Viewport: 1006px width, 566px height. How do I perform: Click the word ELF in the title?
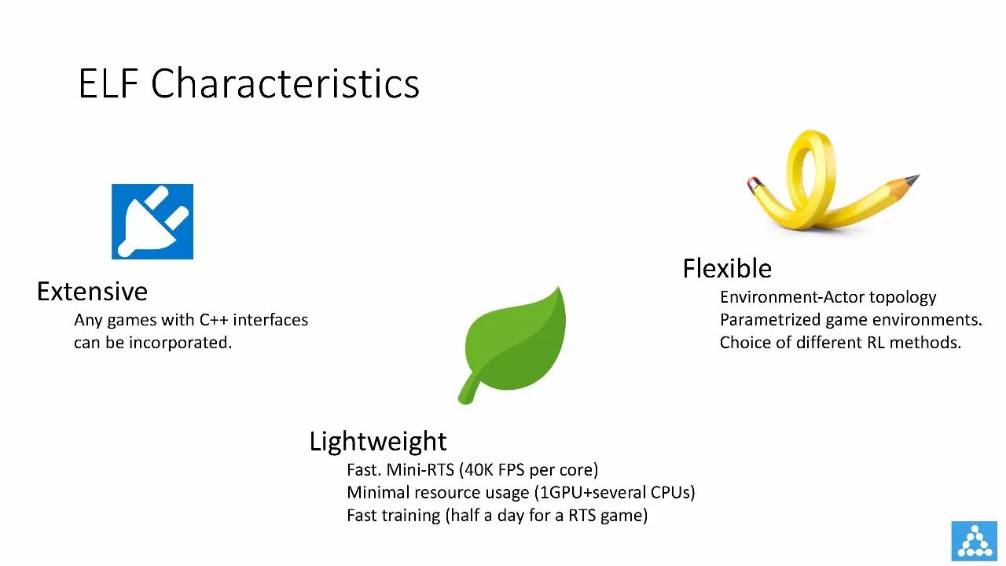[x=108, y=83]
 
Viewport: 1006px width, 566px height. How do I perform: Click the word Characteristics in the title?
[x=285, y=83]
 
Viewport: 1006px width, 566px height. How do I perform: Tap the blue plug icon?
[x=152, y=222]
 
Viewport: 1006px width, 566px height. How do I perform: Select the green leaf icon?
[x=512, y=345]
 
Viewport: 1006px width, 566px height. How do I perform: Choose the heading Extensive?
[x=92, y=292]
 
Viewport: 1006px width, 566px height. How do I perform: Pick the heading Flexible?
[x=727, y=269]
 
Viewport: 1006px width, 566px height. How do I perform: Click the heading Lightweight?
[x=378, y=442]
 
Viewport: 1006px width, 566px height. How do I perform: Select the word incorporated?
[x=180, y=343]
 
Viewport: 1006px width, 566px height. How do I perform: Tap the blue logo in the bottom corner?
[x=974, y=541]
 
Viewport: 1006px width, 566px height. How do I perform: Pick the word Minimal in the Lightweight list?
[x=377, y=492]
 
